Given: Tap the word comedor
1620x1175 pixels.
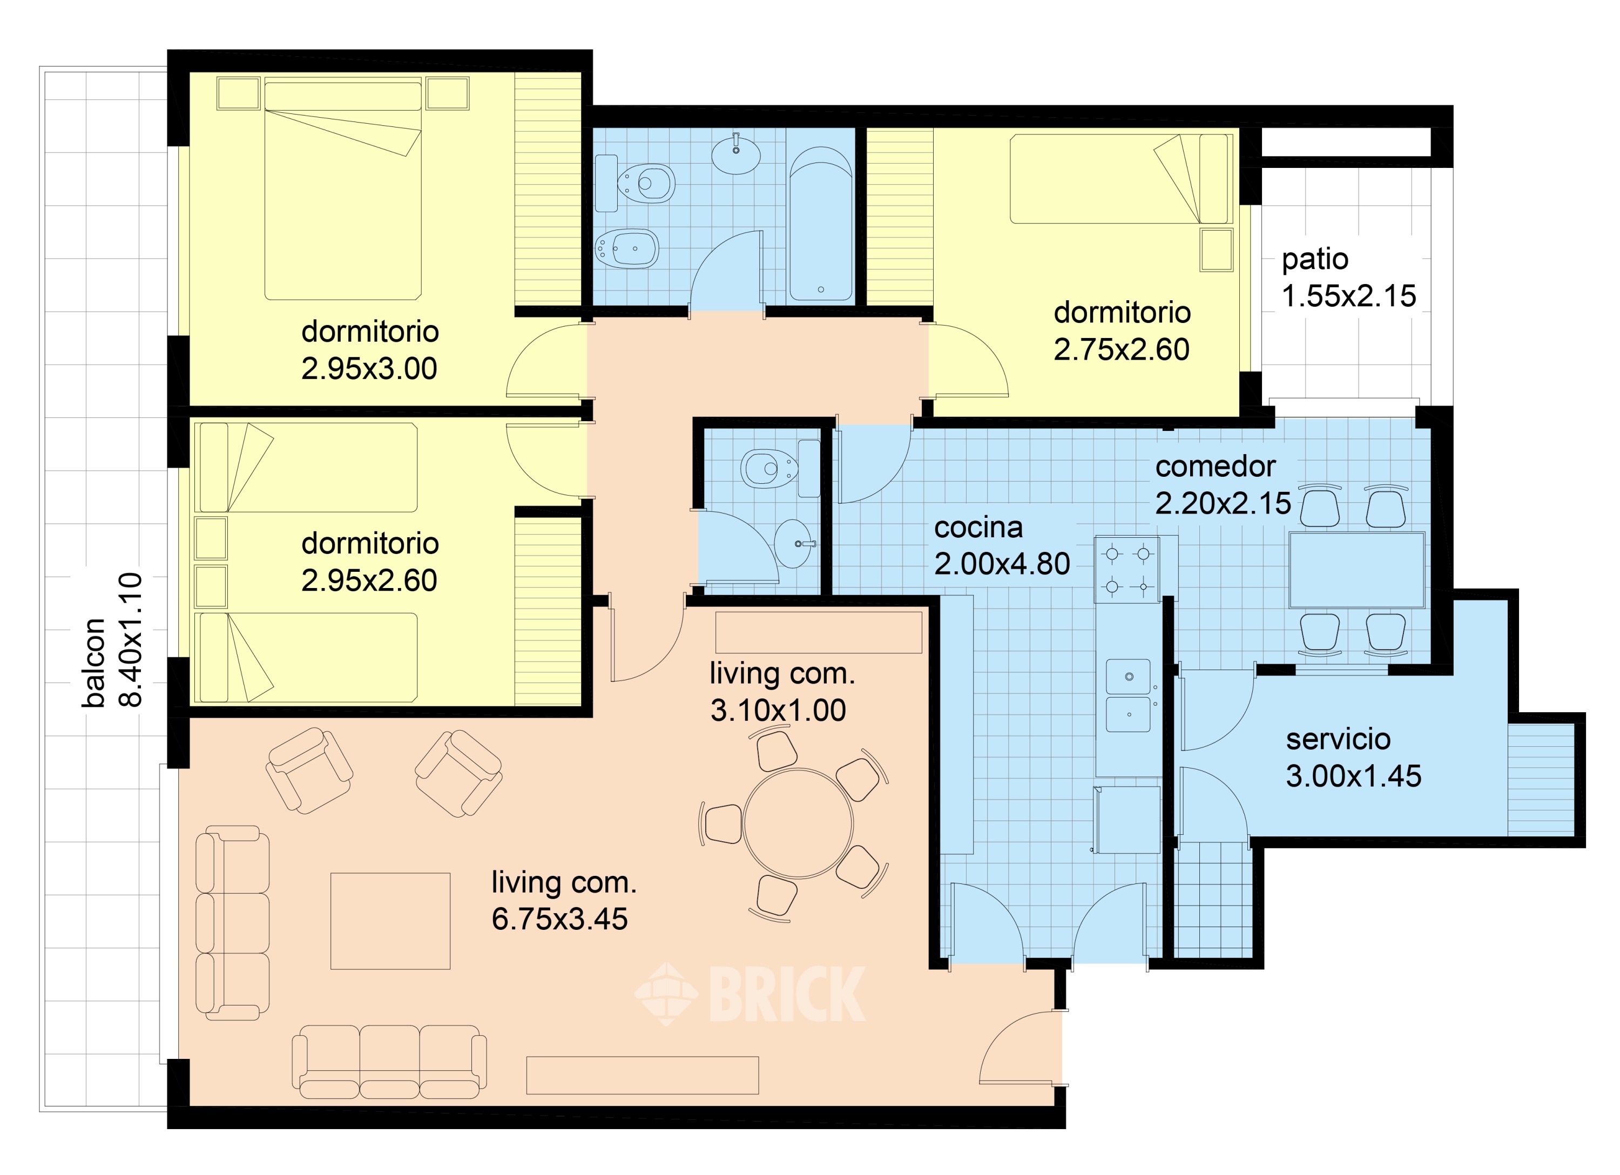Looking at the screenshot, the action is pos(1215,467).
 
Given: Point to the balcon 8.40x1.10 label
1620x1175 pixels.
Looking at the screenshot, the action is pos(113,639).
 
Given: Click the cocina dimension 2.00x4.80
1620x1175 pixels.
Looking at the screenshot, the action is pos(1001,564).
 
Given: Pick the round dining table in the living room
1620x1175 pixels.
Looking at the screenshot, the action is pos(798,823).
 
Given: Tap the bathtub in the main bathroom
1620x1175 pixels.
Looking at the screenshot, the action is pos(821,224).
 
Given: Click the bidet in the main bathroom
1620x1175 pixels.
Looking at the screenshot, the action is pos(626,248).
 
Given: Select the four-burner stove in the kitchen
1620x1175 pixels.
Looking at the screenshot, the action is pos(1127,569).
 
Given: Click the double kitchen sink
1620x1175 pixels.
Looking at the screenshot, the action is pos(1129,695).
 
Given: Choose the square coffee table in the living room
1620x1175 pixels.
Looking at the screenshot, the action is pos(390,921).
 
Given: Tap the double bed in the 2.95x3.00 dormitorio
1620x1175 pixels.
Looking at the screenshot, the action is pos(343,191).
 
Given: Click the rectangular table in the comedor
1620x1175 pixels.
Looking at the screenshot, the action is pos(1356,569).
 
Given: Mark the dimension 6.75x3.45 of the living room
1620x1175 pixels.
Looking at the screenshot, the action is pos(559,919).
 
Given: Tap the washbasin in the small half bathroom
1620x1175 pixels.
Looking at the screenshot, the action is pos(794,543).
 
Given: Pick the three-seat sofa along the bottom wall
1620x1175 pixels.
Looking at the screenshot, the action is pos(389,1062).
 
